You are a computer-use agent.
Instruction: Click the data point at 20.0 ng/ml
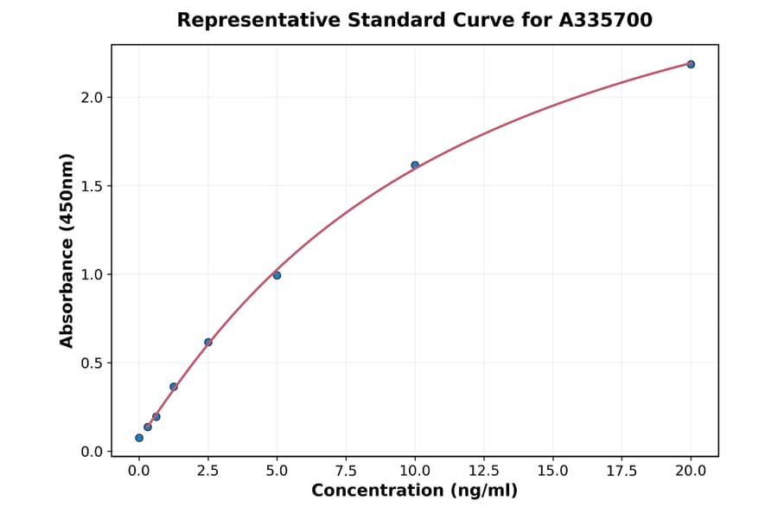coord(691,64)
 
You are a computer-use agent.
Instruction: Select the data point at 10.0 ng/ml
coord(415,164)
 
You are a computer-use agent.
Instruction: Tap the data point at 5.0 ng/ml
coord(277,275)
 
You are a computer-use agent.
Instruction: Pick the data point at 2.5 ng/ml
coord(207,342)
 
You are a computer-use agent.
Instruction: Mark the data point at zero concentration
coord(139,438)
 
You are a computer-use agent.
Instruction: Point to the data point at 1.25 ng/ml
coord(174,387)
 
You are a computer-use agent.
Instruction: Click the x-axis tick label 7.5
coord(346,471)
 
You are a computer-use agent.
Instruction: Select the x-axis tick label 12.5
coord(483,471)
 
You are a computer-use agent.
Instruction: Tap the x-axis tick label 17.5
coord(622,471)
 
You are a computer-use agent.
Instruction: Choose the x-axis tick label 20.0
coord(691,471)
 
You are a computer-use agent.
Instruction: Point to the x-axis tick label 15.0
coord(552,471)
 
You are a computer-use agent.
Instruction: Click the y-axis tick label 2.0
coord(92,98)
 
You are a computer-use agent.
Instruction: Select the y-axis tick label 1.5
coord(92,186)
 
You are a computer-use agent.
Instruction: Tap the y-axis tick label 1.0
coord(92,275)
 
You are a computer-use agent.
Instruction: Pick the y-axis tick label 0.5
coord(92,363)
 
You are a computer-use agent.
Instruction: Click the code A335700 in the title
coord(607,20)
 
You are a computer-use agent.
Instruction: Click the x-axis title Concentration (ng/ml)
coord(414,492)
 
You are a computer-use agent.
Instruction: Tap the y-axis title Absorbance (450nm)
coord(67,251)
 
